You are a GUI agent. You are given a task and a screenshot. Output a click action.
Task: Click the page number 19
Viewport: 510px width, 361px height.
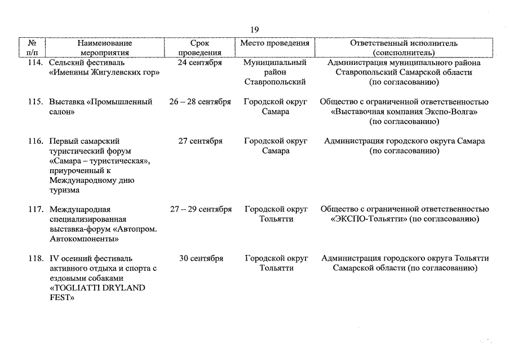point(254,30)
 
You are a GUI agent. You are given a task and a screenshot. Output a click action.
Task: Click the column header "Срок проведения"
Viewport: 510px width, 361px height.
point(200,48)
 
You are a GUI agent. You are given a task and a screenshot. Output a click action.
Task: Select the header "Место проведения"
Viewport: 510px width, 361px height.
point(275,43)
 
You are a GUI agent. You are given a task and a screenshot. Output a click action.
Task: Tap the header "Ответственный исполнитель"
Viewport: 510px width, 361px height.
point(403,43)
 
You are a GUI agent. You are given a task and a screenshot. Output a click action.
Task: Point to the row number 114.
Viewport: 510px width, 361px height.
point(36,63)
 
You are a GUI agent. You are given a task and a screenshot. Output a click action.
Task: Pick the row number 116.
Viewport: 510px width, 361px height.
point(36,142)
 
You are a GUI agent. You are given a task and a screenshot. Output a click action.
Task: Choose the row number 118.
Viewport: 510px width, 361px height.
point(36,259)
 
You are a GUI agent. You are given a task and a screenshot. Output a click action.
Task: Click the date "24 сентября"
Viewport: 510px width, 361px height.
point(200,63)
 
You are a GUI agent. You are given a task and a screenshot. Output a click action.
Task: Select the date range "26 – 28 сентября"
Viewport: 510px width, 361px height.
point(200,102)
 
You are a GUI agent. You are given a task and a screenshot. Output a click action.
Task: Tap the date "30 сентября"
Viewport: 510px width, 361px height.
point(201,259)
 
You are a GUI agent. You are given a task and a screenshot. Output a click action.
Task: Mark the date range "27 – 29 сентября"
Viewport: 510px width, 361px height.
point(201,209)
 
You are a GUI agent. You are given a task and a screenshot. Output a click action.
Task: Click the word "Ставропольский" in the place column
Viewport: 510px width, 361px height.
point(275,82)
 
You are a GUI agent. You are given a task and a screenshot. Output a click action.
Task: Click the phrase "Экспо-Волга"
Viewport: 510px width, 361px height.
point(445,112)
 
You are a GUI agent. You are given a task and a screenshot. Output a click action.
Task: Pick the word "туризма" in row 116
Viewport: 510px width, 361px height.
point(64,190)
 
